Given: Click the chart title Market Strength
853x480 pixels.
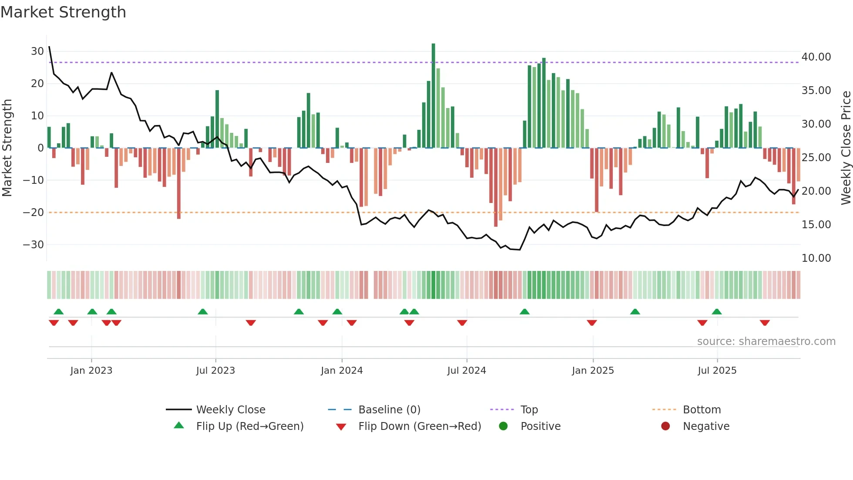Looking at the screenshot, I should point(63,12).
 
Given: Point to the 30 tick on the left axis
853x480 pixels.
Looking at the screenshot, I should point(37,51).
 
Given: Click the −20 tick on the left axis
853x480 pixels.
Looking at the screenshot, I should point(34,213).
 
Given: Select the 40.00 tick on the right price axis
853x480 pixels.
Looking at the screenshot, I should point(816,57).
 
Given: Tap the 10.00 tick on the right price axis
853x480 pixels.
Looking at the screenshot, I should point(816,258).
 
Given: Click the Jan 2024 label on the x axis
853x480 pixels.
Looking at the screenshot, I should point(342,371).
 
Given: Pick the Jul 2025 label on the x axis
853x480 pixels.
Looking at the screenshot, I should point(717,371).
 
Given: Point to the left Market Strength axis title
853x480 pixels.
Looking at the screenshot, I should point(7,148).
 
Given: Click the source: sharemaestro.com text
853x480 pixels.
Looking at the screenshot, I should point(766,341).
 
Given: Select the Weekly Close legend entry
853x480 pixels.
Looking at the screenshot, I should point(231,410).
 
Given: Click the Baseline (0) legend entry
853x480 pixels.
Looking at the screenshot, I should point(389,410).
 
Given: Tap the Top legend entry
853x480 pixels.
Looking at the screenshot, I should point(529,410).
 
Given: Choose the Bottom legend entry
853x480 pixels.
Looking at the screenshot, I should point(702,410).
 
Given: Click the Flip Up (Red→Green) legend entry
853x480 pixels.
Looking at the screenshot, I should point(249,426).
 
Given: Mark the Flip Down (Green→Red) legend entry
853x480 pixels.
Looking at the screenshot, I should point(420,426).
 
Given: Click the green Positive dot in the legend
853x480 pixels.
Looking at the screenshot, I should point(504,426).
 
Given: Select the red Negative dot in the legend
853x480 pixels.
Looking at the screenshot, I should point(665,426).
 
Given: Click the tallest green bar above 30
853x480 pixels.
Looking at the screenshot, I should point(433,96).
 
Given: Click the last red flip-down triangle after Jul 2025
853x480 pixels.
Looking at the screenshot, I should point(765,323).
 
